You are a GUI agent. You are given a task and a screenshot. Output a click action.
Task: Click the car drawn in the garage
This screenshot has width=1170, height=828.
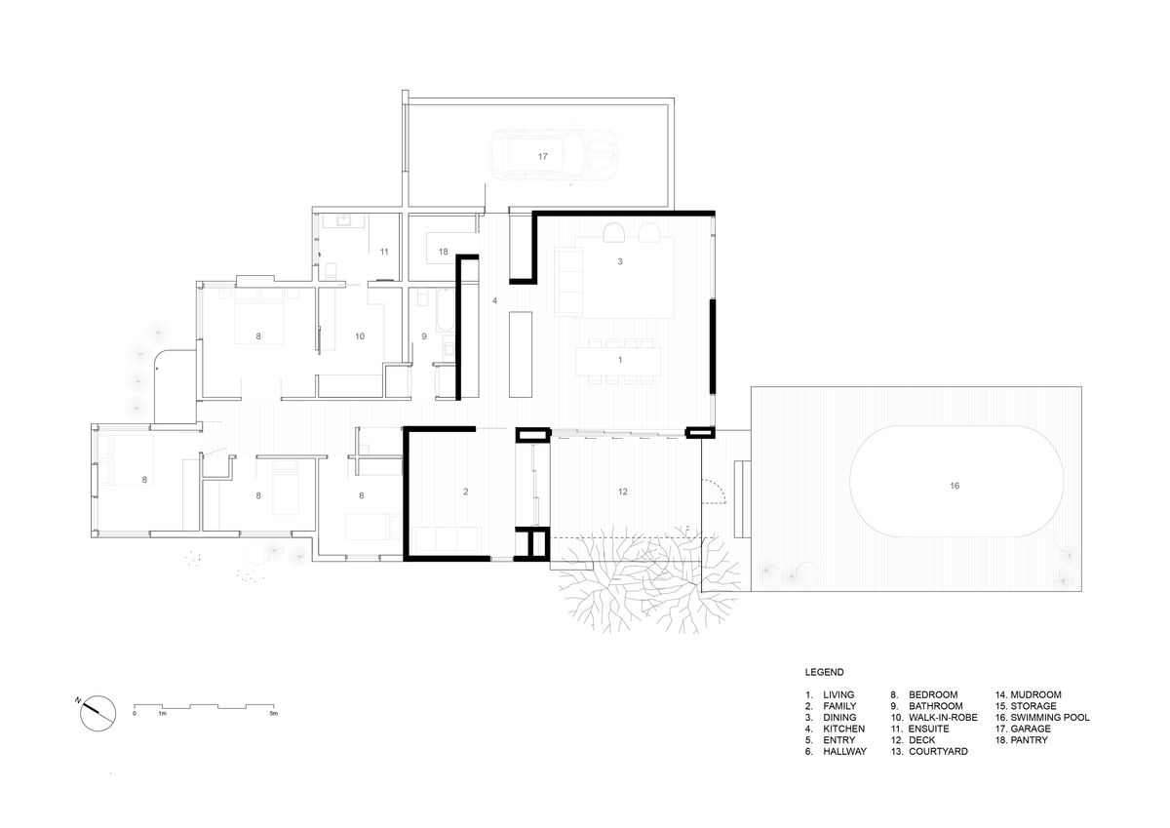point(555,156)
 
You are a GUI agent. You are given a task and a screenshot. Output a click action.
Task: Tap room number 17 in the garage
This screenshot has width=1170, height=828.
point(543,157)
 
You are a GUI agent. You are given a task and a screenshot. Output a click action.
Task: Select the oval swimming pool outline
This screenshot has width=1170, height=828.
point(853,481)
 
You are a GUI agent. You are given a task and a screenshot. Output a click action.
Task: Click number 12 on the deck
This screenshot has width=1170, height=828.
point(623,492)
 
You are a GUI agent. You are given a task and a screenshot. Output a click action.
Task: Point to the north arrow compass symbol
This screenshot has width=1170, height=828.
point(98,713)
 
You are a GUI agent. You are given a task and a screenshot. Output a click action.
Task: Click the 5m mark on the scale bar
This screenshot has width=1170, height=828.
point(273,714)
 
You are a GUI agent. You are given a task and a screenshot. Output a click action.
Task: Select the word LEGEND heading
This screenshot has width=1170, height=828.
point(824,672)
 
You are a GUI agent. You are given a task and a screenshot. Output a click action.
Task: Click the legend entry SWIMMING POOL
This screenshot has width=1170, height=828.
point(1050,717)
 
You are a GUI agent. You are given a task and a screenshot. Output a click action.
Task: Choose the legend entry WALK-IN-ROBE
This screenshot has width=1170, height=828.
point(943,717)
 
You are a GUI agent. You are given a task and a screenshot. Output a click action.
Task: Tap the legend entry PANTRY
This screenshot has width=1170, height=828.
point(1029,739)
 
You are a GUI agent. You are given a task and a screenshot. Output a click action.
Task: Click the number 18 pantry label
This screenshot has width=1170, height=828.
point(444,252)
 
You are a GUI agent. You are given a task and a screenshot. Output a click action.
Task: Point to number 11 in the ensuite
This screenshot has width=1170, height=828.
point(384,252)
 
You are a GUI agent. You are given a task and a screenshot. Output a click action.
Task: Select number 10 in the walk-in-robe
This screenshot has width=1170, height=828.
point(360,336)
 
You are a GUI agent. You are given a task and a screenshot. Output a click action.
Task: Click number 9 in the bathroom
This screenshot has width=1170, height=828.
point(424,336)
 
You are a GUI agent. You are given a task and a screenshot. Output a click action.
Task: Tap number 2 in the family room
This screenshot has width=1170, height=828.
point(466,492)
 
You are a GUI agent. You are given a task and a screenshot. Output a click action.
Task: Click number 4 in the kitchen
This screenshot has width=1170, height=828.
point(494,301)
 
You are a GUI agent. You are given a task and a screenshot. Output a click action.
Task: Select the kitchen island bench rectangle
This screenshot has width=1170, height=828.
point(521,355)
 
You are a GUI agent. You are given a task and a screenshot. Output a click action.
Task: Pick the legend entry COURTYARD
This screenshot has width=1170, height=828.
point(938,751)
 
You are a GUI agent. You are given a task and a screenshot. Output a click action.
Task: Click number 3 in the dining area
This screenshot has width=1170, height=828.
point(620,261)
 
